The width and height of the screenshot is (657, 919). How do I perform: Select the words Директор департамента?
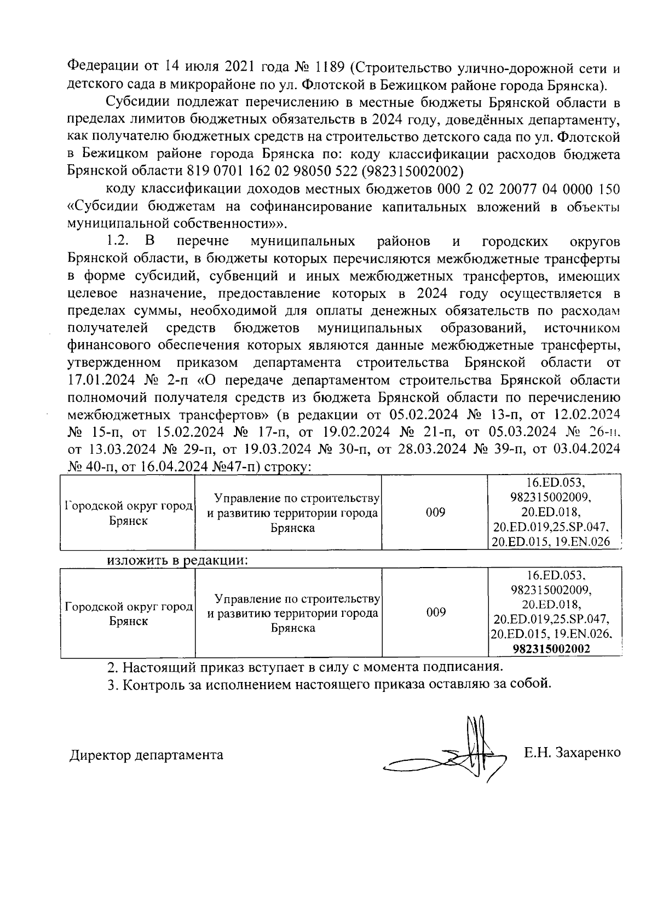click(x=147, y=755)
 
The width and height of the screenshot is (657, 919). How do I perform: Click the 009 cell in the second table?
click(x=435, y=612)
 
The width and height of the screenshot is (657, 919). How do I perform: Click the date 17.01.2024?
click(x=103, y=380)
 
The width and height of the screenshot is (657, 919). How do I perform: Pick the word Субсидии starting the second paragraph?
click(x=137, y=102)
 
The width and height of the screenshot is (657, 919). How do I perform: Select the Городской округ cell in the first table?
click(x=128, y=513)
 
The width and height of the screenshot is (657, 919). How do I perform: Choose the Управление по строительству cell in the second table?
click(x=293, y=613)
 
